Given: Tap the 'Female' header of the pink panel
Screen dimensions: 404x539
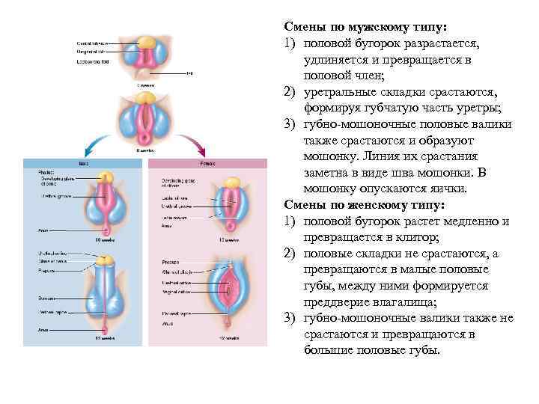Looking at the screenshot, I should click(204, 162).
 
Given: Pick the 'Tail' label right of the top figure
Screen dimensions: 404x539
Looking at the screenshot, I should click(189, 73).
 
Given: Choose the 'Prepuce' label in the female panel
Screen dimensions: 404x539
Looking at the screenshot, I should click(168, 262).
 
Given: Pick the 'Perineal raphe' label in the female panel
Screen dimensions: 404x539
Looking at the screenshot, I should click(177, 313).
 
